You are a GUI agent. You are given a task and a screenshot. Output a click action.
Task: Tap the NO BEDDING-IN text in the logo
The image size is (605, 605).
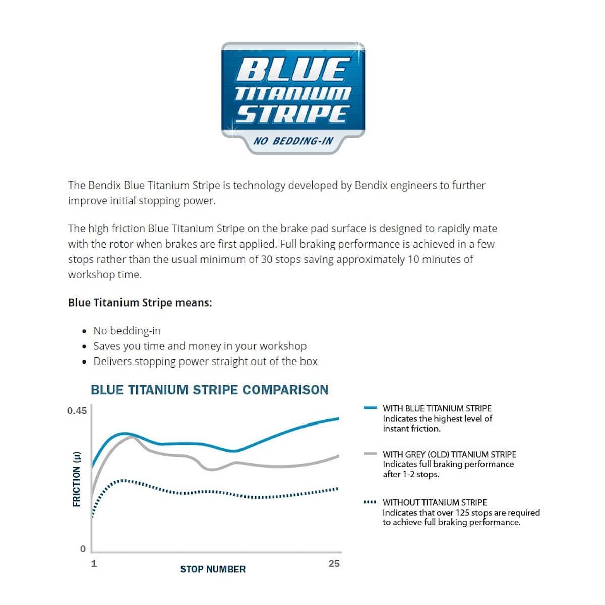click(293, 141)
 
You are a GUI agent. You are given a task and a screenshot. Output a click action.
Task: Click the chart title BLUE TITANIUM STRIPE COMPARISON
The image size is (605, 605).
click(209, 390)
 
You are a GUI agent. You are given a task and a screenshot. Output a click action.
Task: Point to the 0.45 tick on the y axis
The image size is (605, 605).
click(77, 411)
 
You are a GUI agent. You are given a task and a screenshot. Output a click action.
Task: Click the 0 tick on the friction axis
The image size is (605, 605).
click(83, 549)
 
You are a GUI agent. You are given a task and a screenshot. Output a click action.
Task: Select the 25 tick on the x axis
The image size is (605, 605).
click(334, 563)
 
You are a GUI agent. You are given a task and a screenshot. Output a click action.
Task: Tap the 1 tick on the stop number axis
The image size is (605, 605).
click(94, 563)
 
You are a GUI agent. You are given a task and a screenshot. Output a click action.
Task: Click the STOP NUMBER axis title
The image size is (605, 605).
click(213, 569)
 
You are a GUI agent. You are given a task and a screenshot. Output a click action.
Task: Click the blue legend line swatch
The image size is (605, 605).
click(371, 408)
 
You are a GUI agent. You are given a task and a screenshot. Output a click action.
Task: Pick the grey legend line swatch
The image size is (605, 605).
click(371, 454)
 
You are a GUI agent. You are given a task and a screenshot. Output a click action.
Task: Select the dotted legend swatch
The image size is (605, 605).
click(370, 502)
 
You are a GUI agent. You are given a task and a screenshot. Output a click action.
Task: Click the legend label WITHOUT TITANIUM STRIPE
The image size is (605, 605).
click(435, 502)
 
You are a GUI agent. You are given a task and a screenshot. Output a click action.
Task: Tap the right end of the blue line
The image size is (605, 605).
click(338, 418)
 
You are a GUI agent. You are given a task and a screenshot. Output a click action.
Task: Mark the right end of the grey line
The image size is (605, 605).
click(338, 456)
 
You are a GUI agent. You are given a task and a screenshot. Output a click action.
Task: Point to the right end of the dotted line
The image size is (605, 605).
click(337, 488)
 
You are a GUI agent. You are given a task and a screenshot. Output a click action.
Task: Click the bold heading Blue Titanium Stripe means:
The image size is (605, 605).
click(140, 302)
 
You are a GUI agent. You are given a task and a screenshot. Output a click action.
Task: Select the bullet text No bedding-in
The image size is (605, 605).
click(127, 331)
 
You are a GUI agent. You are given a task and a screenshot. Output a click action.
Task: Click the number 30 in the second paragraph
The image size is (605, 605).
click(267, 259)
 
